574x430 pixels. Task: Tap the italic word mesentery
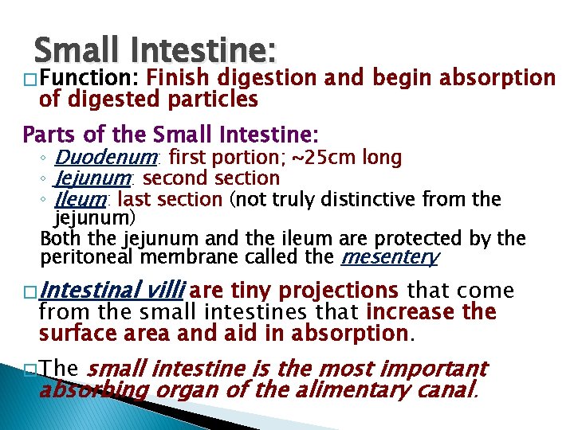pyautogui.click(x=389, y=257)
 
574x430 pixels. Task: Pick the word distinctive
pyautogui.click(x=386, y=198)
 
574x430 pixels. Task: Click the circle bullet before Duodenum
pyautogui.click(x=48, y=158)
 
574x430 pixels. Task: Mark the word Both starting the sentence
pyautogui.click(x=58, y=238)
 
